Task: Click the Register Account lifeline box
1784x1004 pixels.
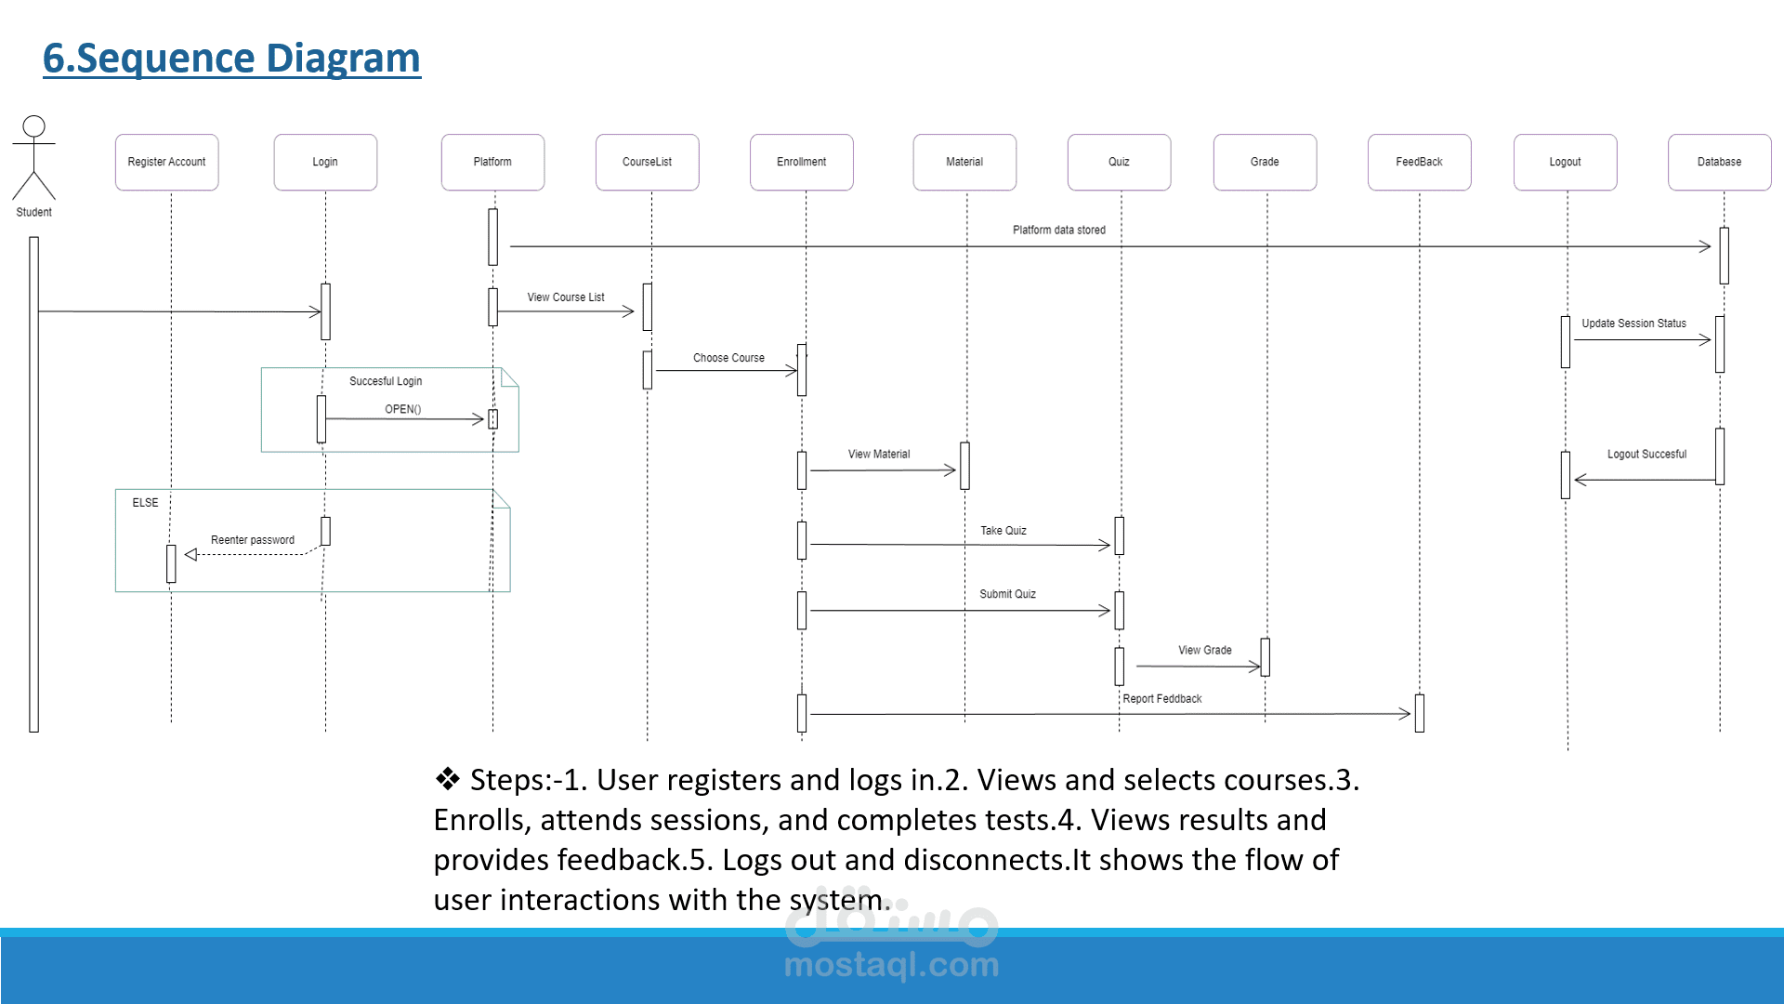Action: tap(167, 163)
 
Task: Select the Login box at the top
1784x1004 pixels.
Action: tap(325, 163)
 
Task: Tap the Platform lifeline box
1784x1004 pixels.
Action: tap(492, 163)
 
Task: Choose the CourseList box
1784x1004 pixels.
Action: tap(647, 163)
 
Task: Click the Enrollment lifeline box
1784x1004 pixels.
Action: tap(801, 163)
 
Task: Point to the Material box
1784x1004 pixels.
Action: tap(964, 163)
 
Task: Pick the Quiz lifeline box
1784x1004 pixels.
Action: tap(1119, 163)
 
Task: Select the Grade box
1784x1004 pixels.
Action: tap(1265, 163)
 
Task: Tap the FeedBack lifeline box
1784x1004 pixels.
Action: tap(1419, 163)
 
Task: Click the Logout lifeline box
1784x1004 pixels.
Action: tap(1565, 163)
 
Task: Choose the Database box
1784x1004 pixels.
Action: tap(1719, 163)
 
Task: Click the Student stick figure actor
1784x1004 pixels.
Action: tap(33, 158)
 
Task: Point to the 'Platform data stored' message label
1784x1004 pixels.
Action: tap(1059, 231)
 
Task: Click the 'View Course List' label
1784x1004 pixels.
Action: tap(566, 297)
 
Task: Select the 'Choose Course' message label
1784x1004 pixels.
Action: tap(728, 358)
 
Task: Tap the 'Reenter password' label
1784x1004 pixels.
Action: tap(253, 540)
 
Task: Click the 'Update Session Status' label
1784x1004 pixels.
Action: tap(1633, 324)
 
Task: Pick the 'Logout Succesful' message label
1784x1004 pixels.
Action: tap(1646, 455)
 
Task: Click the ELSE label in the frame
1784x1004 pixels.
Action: tap(145, 503)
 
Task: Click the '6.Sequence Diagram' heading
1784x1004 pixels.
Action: tap(231, 58)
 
